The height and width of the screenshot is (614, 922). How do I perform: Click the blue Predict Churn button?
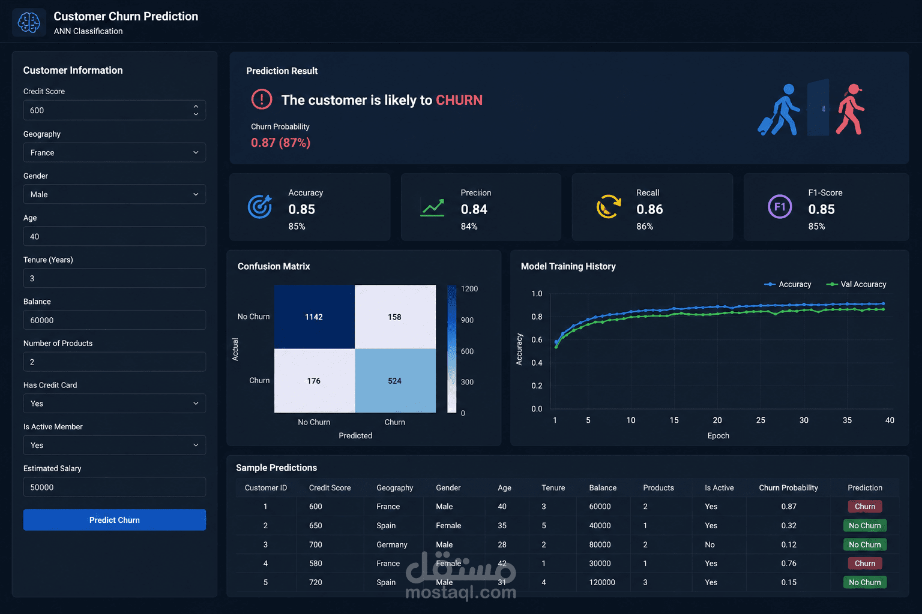(x=115, y=520)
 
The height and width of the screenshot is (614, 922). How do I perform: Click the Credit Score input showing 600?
(x=115, y=110)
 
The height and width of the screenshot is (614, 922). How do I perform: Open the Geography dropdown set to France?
(x=115, y=152)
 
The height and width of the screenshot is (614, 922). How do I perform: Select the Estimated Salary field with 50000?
(x=115, y=487)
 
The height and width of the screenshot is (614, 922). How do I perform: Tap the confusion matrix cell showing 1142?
(x=315, y=317)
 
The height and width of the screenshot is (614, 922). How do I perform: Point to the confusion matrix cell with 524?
(x=395, y=381)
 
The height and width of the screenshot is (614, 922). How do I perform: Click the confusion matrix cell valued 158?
(x=395, y=317)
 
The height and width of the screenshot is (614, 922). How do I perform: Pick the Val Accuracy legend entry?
(x=856, y=284)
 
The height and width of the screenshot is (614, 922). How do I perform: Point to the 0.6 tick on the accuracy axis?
(x=537, y=340)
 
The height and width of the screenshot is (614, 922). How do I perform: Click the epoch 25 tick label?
(x=761, y=420)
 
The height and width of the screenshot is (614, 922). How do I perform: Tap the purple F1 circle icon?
(x=780, y=206)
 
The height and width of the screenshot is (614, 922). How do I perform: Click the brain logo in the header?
(x=29, y=22)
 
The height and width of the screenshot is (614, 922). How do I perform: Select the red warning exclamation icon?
(x=262, y=100)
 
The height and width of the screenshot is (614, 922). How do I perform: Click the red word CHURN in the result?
(x=459, y=100)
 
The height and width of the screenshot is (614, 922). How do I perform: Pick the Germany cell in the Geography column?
(x=392, y=544)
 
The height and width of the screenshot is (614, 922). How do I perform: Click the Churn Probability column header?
(x=788, y=487)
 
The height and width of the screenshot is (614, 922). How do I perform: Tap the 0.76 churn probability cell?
(x=789, y=564)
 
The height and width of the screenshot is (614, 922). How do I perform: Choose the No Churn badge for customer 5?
(x=865, y=582)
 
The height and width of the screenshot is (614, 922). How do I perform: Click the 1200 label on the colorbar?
(x=469, y=288)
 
